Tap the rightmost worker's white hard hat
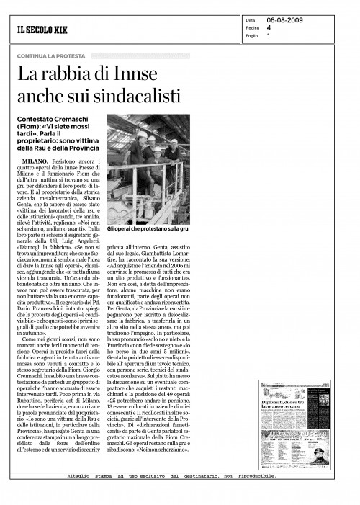[x=174, y=141]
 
